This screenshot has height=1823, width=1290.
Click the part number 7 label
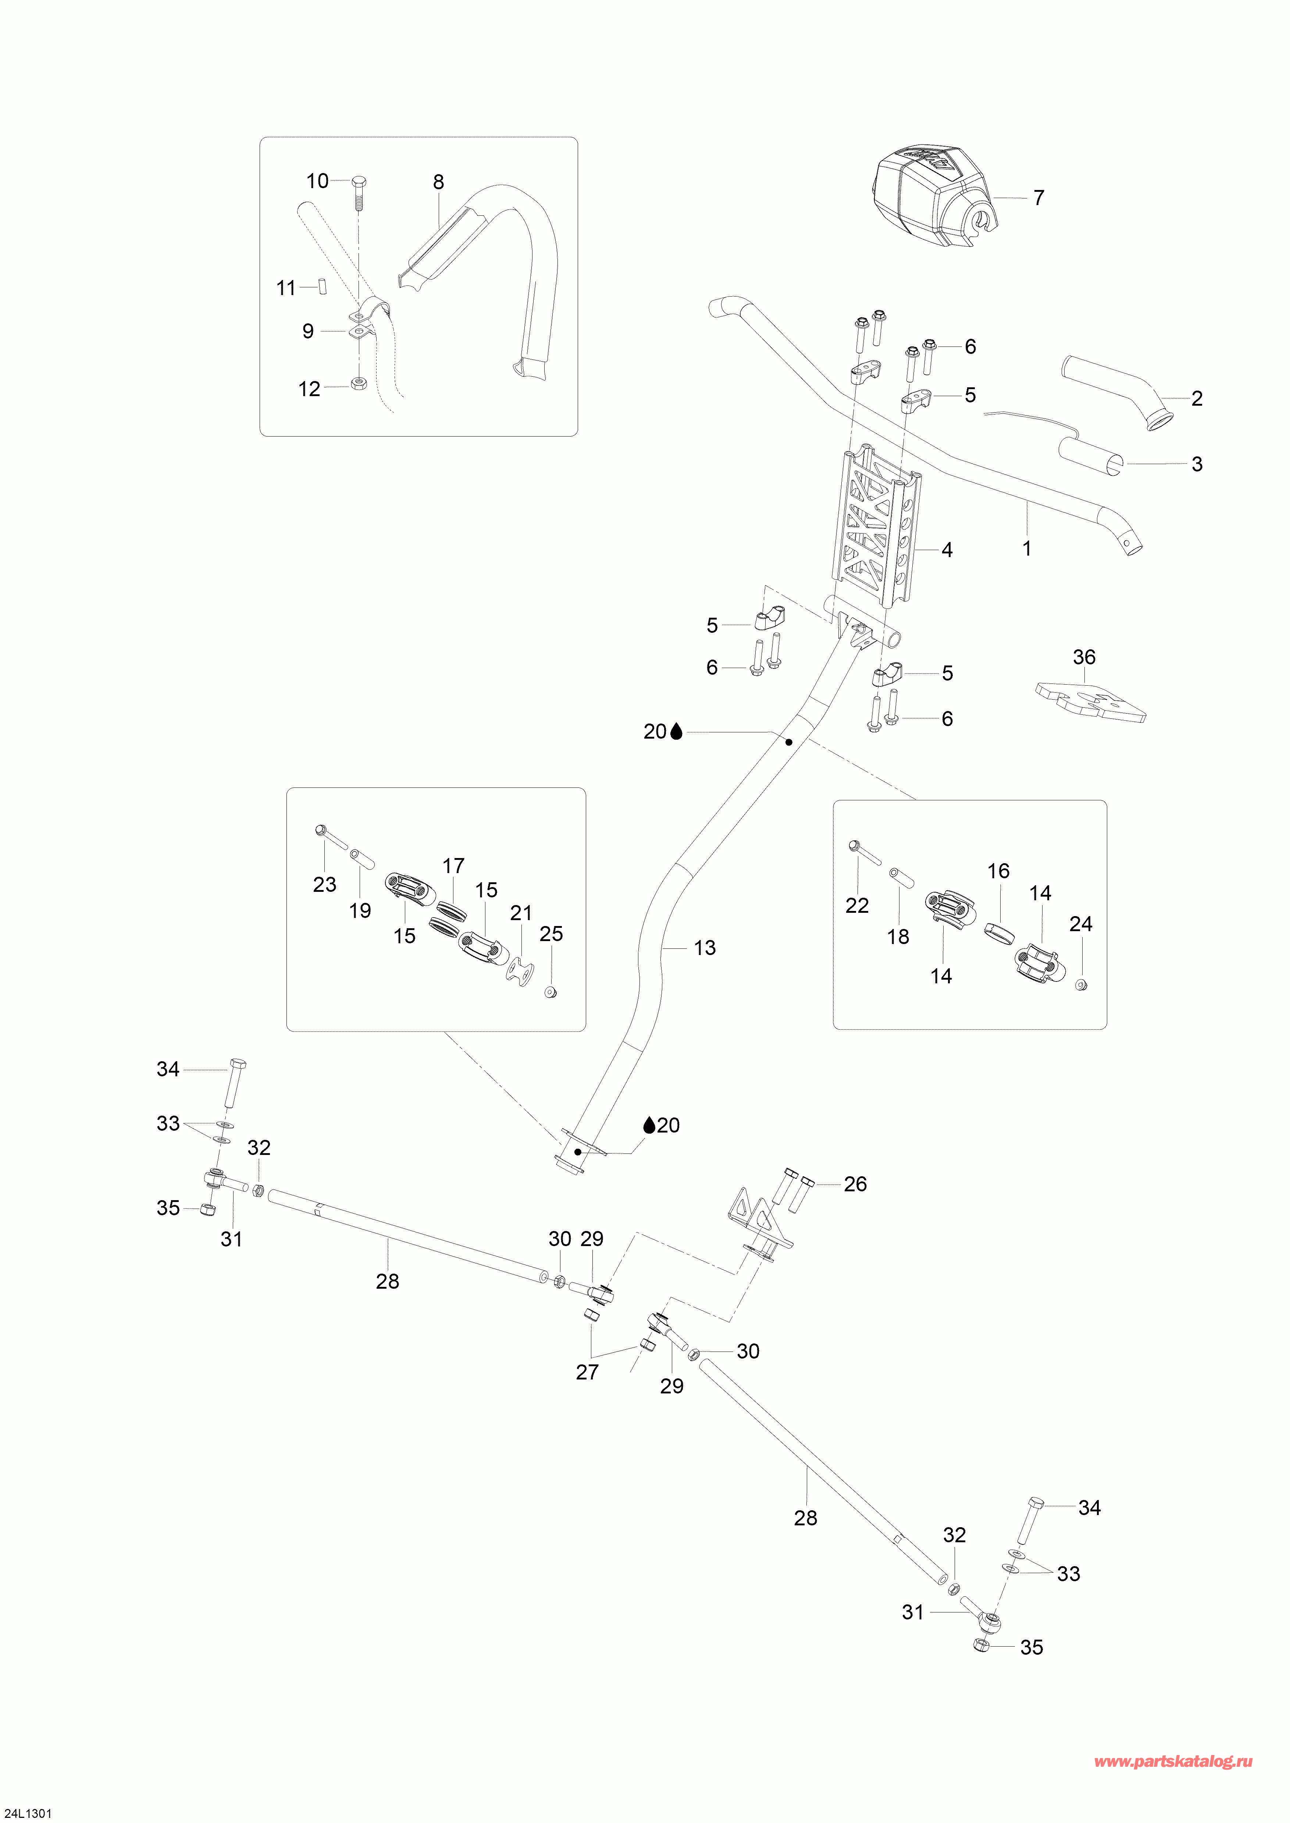pyautogui.click(x=1038, y=198)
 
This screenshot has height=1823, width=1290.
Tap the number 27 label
pyautogui.click(x=587, y=1372)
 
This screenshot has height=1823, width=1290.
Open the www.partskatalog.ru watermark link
pyautogui.click(x=1173, y=1755)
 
